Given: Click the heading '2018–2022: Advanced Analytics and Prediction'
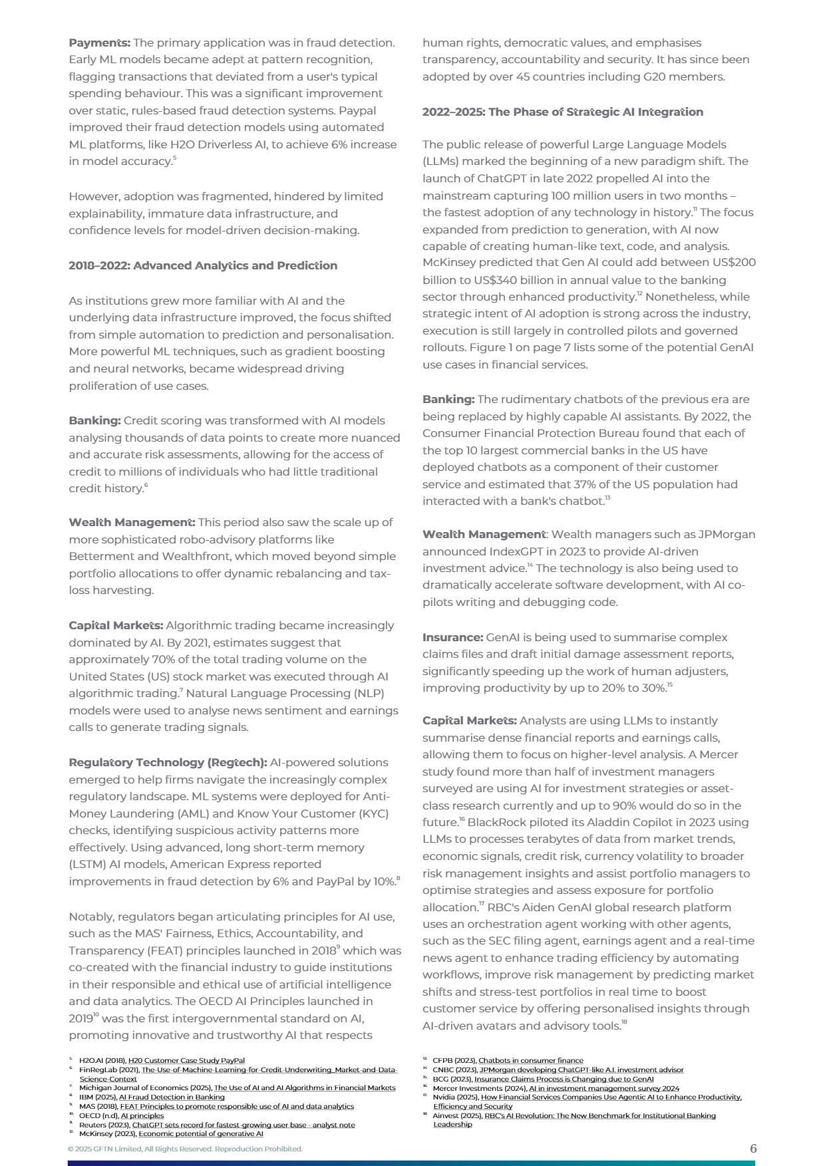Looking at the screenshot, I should click(203, 265).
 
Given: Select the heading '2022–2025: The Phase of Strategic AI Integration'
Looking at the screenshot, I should click(562, 112).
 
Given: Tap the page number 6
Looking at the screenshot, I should click(753, 1148).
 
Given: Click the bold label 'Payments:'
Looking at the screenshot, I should click(99, 43).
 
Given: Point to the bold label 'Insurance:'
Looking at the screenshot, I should click(452, 637).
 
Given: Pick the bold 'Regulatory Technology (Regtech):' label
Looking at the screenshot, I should click(168, 762).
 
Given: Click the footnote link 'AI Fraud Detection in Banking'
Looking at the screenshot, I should click(172, 1097).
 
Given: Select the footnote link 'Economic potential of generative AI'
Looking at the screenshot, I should click(200, 1133).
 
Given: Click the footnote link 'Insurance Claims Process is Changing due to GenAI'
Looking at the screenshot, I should click(564, 1079).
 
